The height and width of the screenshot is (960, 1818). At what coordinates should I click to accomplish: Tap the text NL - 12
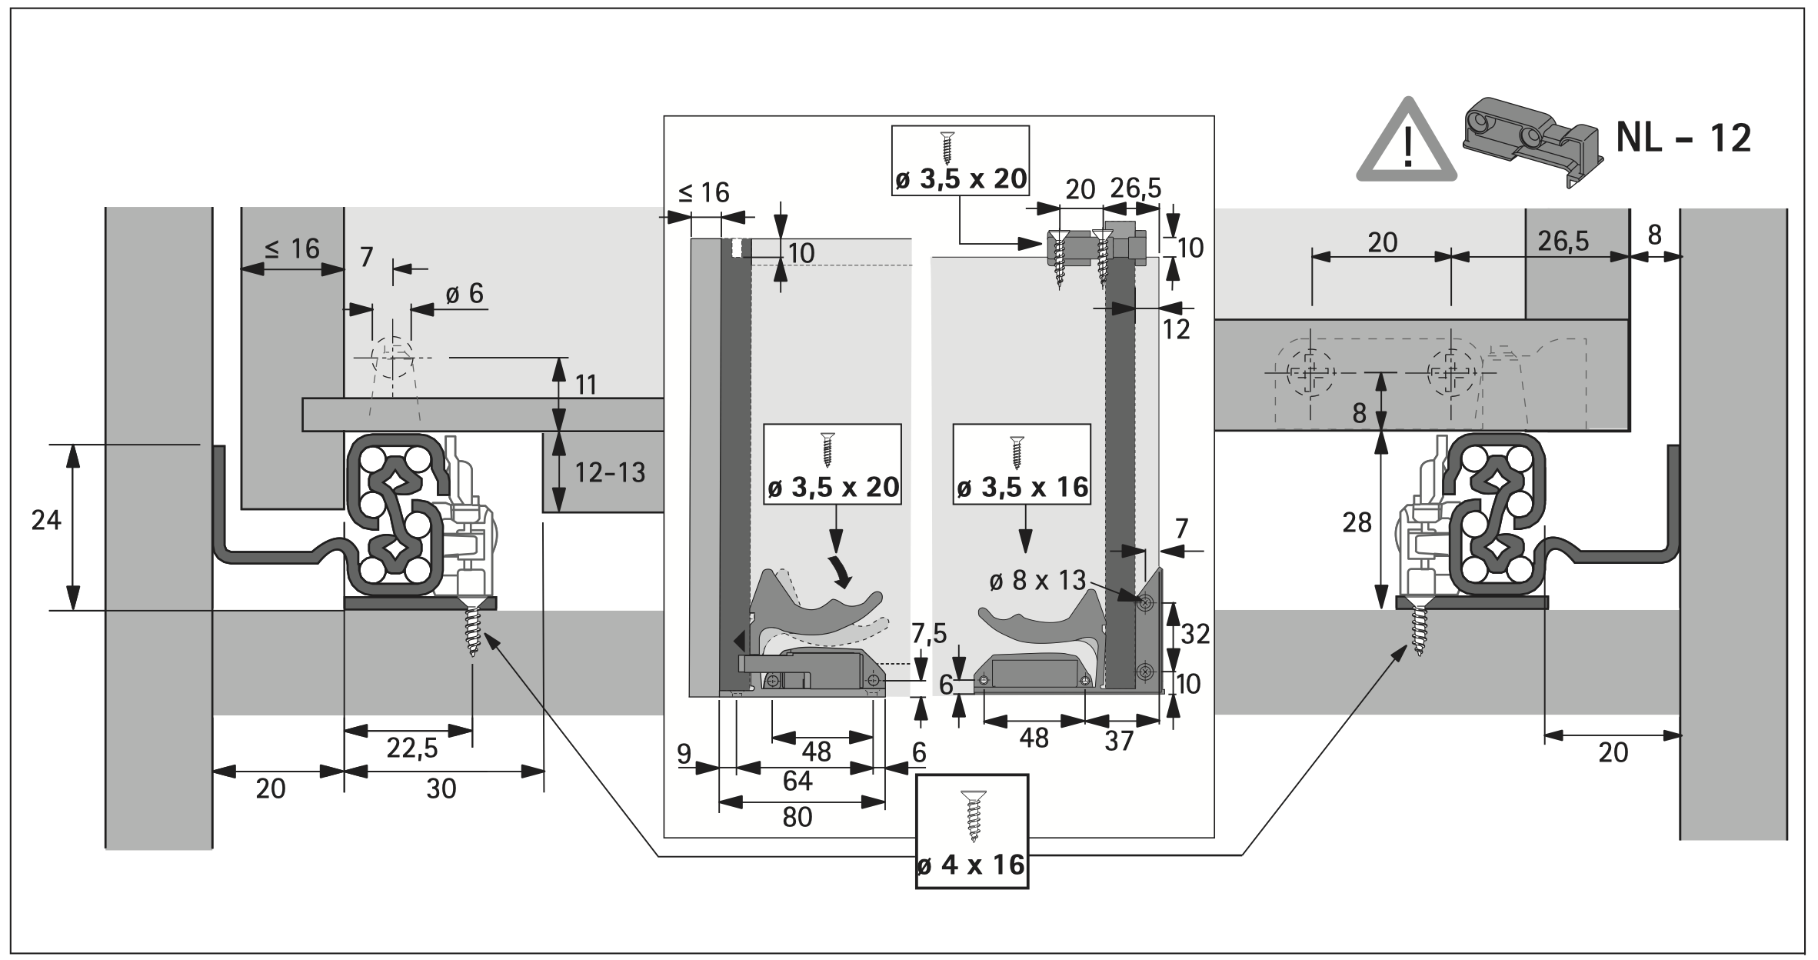point(1683,139)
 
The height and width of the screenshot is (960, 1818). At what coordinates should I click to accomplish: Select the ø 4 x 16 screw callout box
point(971,831)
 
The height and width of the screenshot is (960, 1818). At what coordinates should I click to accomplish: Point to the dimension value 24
point(46,521)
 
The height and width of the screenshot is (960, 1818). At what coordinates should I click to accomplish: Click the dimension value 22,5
point(412,748)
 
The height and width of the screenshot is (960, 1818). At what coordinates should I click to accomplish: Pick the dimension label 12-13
point(610,472)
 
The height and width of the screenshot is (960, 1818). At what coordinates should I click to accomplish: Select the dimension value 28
point(1357,523)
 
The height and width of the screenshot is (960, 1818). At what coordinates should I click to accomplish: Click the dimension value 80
point(797,816)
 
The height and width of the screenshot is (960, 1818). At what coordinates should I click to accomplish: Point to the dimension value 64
point(797,781)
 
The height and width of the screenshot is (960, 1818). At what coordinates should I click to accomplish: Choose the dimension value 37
point(1119,741)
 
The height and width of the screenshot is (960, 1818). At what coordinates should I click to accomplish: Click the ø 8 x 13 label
point(1037,580)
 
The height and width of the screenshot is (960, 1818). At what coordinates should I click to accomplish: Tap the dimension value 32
point(1195,634)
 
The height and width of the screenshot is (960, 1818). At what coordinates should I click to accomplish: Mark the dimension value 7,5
point(929,632)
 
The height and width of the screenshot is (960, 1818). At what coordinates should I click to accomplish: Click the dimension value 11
point(586,384)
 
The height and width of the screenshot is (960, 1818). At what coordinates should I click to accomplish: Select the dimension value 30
point(441,788)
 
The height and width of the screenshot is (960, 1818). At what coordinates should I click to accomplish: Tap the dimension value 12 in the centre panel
point(1177,329)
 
